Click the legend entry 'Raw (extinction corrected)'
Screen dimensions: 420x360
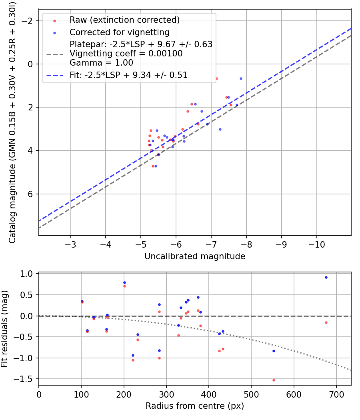coord(124,20)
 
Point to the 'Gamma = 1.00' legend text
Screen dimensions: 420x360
coord(101,63)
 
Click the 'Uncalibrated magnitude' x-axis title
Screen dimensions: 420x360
coord(195,256)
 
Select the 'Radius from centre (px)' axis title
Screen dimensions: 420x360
coord(195,406)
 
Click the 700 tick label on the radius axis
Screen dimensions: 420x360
coord(336,394)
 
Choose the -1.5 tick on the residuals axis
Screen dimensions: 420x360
coord(26,379)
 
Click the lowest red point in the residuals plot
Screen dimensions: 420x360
coord(274,380)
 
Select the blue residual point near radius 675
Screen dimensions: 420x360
coord(326,277)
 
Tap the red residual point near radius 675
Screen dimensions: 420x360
coord(326,322)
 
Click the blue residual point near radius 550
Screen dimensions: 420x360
coord(274,351)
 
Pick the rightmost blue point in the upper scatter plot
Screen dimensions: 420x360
coord(241,78)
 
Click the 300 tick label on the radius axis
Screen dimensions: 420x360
coord(166,394)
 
